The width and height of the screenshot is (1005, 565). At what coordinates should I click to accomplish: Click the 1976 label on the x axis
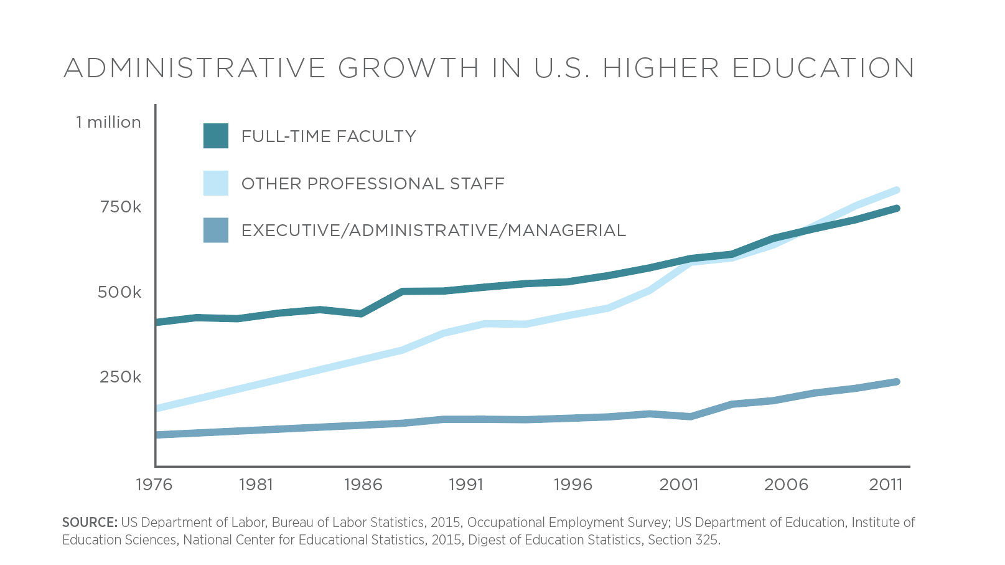pyautogui.click(x=154, y=485)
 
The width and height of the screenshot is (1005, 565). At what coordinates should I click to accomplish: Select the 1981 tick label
pyautogui.click(x=256, y=485)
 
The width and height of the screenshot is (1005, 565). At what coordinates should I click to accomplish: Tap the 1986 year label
pyautogui.click(x=363, y=485)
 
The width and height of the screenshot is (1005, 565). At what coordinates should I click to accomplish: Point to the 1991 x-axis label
pyautogui.click(x=466, y=485)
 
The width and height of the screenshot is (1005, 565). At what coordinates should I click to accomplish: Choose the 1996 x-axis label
pyautogui.click(x=573, y=485)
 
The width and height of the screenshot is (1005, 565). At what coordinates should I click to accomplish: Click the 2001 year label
pyautogui.click(x=678, y=485)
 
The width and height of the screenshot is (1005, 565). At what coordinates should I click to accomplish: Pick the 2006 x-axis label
pyautogui.click(x=786, y=485)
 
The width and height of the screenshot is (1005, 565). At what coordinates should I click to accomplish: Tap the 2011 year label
pyautogui.click(x=886, y=485)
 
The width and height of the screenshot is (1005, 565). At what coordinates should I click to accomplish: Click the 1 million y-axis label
pyautogui.click(x=108, y=122)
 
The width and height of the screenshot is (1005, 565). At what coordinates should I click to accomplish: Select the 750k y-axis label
pyautogui.click(x=121, y=207)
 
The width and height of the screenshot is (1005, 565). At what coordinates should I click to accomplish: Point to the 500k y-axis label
pyautogui.click(x=119, y=292)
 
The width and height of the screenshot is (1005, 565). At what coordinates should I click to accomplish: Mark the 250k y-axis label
pyautogui.click(x=121, y=377)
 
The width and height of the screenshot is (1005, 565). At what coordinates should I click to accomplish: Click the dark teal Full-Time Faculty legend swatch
pyautogui.click(x=216, y=136)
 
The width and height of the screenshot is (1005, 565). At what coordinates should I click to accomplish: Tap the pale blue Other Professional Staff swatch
pyautogui.click(x=216, y=183)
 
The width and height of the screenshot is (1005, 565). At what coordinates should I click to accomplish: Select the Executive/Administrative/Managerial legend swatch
pyautogui.click(x=216, y=230)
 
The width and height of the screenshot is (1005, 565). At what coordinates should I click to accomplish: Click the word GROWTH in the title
pyautogui.click(x=409, y=68)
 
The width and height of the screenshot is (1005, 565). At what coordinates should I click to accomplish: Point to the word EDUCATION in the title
pyautogui.click(x=823, y=68)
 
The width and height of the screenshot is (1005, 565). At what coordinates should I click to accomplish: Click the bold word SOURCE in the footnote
pyautogui.click(x=90, y=522)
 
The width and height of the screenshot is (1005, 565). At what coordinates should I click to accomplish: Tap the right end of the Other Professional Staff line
pyautogui.click(x=896, y=190)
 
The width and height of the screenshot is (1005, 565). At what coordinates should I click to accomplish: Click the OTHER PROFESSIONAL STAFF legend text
pyautogui.click(x=373, y=184)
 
